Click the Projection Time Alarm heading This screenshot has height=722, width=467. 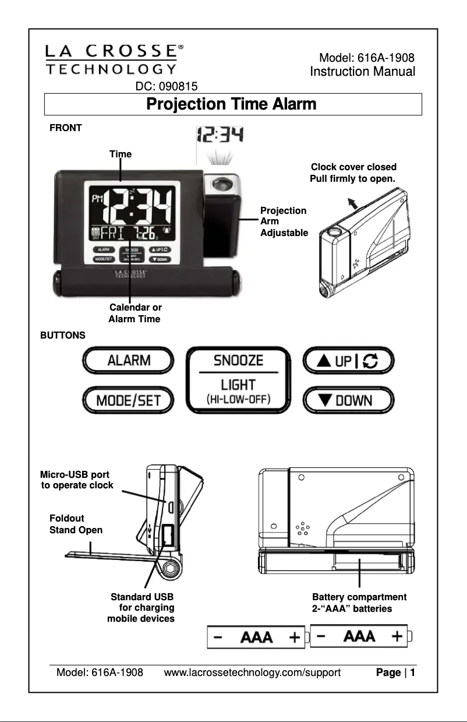tap(232, 105)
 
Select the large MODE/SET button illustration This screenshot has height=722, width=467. tap(129, 401)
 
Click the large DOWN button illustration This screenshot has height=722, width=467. tap(348, 401)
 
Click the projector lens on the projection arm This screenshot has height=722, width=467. tap(222, 185)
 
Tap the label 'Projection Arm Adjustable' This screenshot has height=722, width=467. tap(283, 221)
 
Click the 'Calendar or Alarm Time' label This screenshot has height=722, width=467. tap(135, 313)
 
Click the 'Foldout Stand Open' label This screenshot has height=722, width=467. tap(75, 524)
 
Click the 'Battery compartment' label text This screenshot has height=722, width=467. tap(359, 597)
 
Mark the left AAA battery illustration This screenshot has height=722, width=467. tap(257, 636)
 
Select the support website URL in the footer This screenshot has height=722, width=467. tap(252, 674)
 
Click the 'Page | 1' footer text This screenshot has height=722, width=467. tap(395, 674)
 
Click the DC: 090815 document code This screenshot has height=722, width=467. tap(166, 86)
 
